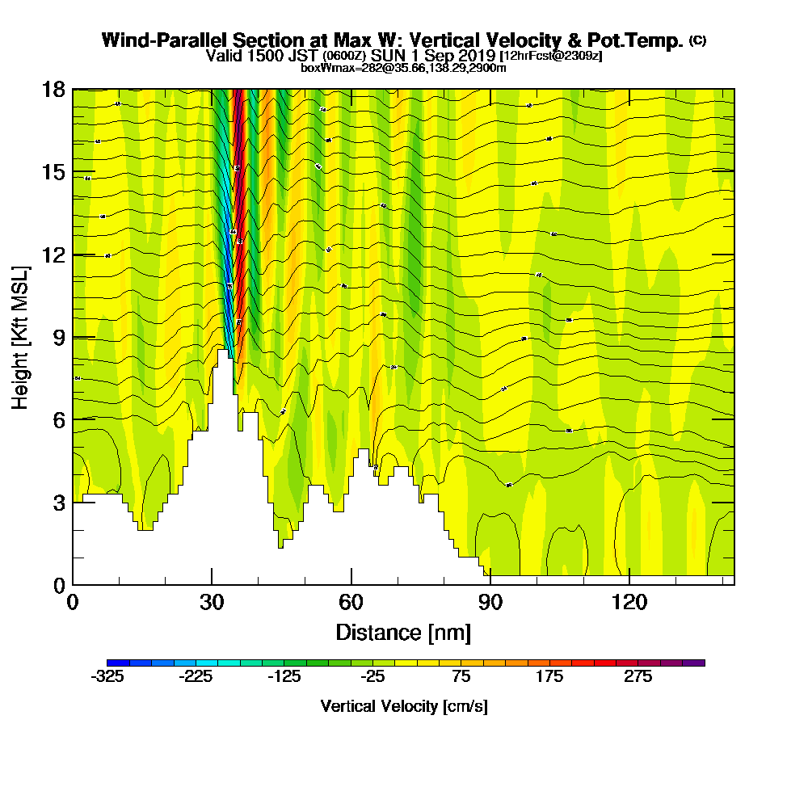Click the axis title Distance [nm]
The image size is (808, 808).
pos(403,632)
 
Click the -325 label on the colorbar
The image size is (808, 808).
pos(107,677)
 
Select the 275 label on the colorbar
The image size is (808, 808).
pos(638,677)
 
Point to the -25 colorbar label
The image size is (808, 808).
pos(373,677)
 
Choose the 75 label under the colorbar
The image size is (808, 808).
pos(461,677)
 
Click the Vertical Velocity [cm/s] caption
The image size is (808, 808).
pos(403,706)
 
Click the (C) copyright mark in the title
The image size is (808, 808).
pos(697,40)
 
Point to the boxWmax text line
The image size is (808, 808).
pos(403,68)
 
